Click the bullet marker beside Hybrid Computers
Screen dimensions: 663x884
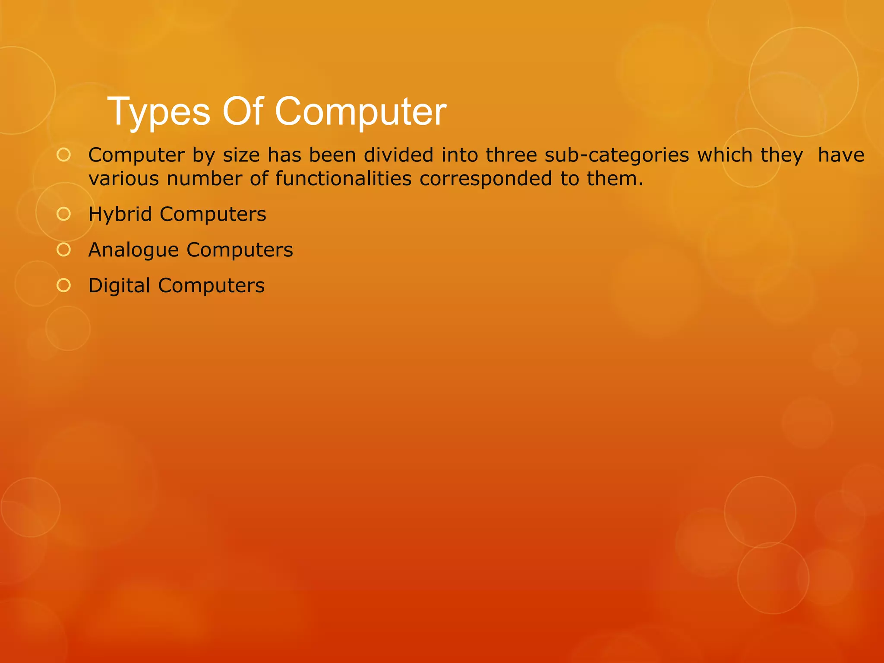pos(63,214)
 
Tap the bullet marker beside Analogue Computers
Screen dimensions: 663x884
pos(63,249)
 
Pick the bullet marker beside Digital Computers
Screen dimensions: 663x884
pos(63,285)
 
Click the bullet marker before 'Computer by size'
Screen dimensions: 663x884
pos(63,155)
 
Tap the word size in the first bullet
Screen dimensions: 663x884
pos(241,155)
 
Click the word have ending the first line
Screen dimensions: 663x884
pos(841,155)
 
